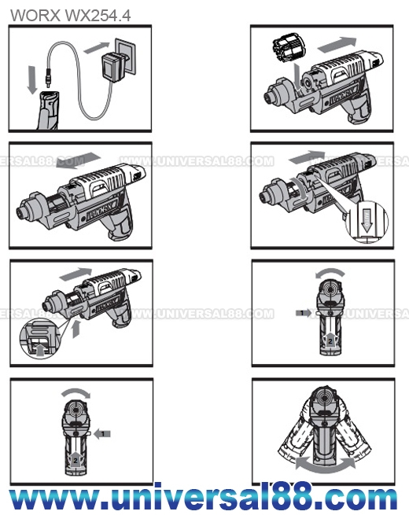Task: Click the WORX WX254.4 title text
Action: (71, 16)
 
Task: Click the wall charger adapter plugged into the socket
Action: (114, 68)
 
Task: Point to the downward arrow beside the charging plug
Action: (32, 79)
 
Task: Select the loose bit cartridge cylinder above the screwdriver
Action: (289, 48)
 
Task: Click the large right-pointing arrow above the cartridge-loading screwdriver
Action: (337, 45)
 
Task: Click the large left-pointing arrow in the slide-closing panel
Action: (78, 160)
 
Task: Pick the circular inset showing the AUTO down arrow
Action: (367, 222)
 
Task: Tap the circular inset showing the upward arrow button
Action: (40, 340)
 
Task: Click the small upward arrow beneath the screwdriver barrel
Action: (76, 329)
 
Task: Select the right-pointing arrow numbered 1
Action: (303, 313)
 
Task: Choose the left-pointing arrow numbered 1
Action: (102, 433)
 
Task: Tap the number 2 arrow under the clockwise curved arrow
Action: (76, 459)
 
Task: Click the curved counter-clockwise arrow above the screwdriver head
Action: (330, 272)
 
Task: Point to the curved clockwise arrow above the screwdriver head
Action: (76, 392)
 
